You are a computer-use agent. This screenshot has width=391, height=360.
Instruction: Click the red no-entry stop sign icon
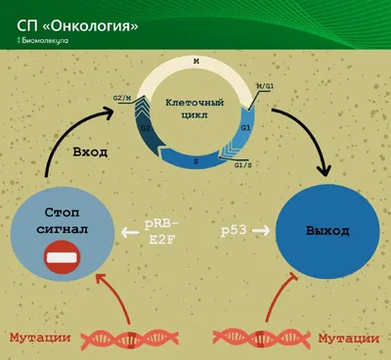coord(63,257)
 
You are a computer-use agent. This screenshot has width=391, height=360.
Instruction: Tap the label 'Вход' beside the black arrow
coord(90,153)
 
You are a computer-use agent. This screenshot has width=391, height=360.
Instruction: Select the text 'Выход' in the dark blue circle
coord(327,231)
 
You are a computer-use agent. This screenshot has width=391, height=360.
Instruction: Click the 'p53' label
coord(234,231)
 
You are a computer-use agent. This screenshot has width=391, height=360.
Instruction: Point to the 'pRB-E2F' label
coord(162,232)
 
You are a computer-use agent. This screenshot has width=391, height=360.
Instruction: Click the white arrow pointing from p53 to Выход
coord(261,231)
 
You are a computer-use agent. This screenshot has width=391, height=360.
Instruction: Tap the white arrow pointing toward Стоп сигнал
coord(130,233)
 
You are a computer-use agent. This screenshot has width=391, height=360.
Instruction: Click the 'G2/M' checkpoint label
coord(121,98)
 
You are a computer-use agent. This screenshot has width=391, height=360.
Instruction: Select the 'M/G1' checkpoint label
coord(265,86)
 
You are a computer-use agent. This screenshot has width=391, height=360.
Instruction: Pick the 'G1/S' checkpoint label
coord(243,165)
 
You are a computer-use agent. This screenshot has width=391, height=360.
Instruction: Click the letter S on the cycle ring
coord(195,161)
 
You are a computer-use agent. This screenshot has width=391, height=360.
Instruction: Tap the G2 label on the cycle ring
coord(146,128)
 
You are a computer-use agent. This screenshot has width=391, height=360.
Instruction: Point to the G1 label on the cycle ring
coord(245,128)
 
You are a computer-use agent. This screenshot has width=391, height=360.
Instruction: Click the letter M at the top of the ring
coord(195,62)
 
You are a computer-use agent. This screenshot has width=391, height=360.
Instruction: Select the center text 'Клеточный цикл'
coord(195,109)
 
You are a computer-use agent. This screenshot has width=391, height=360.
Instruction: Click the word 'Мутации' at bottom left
coord(40,337)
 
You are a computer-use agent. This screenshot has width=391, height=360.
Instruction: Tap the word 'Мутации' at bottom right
coord(349,338)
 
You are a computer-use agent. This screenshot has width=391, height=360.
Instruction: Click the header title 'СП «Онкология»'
coord(77,26)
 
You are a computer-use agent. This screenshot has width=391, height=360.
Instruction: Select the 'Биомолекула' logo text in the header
coord(43,41)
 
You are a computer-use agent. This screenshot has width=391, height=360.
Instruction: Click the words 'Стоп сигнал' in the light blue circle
coord(63,221)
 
